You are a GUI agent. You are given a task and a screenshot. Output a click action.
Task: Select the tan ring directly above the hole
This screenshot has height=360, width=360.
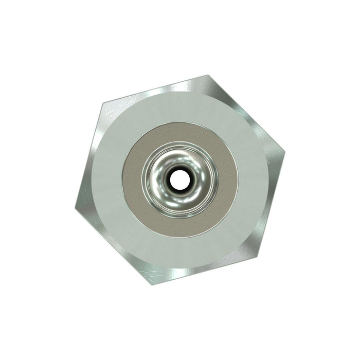pyautogui.click(x=179, y=134)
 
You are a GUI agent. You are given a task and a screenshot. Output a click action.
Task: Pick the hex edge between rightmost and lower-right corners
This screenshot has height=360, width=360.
pyautogui.click(x=270, y=204)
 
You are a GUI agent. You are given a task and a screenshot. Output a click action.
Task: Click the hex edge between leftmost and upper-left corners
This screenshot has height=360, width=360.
pyautogui.click(x=89, y=156)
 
